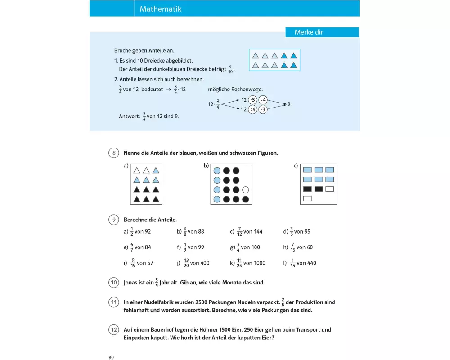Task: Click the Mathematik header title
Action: pos(161,9)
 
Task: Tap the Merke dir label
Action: pos(309,32)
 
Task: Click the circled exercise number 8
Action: pos(114,153)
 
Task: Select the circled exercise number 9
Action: pos(114,220)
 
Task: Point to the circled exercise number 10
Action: pos(114,283)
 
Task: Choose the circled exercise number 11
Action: pos(114,302)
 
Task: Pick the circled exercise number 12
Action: pos(114,330)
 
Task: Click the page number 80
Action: pos(111,357)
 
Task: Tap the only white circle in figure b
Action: pos(245,189)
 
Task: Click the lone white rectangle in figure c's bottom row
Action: pos(307,198)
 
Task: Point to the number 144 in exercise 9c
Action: pos(258,232)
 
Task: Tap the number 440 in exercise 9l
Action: pos(311,263)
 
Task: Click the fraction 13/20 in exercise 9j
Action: pos(186,263)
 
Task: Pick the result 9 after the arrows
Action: pos(289,104)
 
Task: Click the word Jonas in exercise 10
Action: pos(131,283)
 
